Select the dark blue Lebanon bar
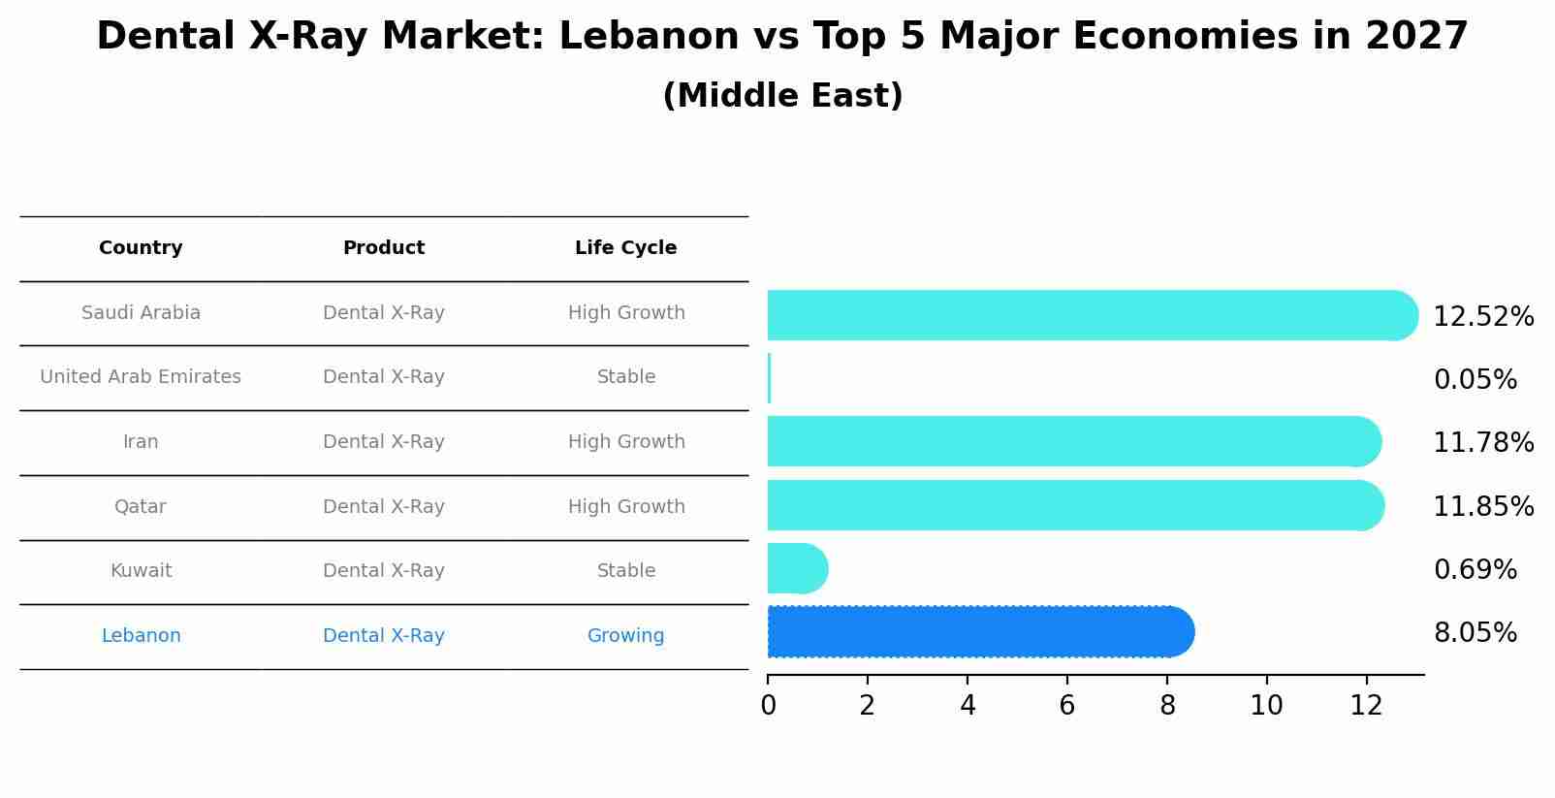pos(979,632)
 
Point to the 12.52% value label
pos(1482,317)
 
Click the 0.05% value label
pos(1475,380)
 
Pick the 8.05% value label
pos(1475,633)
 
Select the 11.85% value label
pos(1482,507)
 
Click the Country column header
pos(141,248)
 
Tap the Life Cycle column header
pos(625,248)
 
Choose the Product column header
pos(384,248)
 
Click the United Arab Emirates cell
pos(141,377)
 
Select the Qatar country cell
pos(141,507)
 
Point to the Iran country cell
pos(141,442)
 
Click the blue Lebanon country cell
pos(141,636)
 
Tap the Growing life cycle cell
pos(625,636)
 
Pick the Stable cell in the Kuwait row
pos(625,571)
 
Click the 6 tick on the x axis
pos(1067,706)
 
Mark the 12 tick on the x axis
pos(1366,706)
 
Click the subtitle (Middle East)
pos(782,96)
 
